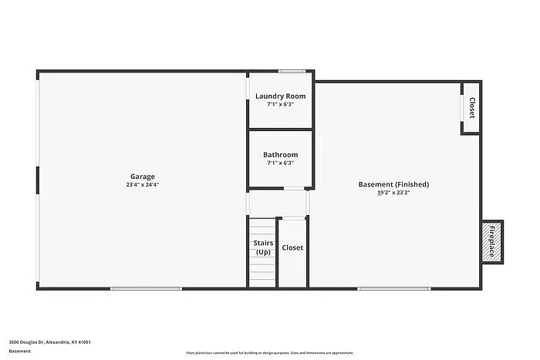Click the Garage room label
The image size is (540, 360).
tap(142, 177)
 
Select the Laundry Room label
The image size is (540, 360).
tap(280, 96)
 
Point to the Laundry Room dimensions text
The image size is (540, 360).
tap(280, 105)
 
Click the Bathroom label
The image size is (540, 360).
tap(280, 155)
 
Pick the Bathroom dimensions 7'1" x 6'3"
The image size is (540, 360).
tap(280, 163)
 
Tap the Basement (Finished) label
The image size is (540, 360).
tap(393, 184)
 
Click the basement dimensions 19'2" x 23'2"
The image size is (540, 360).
tap(393, 193)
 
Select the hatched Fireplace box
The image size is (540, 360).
tap(492, 241)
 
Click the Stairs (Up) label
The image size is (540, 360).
tap(263, 247)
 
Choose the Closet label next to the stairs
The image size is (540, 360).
tap(292, 247)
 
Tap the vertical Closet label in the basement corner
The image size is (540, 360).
tap(471, 108)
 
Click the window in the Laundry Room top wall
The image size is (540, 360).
tap(292, 72)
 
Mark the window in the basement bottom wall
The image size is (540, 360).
tap(393, 288)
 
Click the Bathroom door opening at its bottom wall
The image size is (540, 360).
tap(294, 188)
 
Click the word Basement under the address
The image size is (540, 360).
tap(21, 352)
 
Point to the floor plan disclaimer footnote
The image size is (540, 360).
tap(270, 352)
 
